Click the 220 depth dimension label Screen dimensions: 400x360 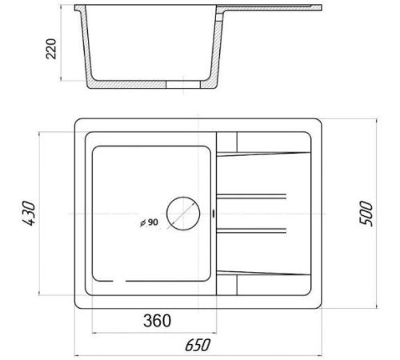tap(51, 49)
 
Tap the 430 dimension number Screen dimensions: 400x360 tap(29, 214)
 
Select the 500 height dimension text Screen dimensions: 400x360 tap(366, 214)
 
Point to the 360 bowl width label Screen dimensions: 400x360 tap(157, 321)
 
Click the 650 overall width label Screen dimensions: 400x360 tap(198, 345)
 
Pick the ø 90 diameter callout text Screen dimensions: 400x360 tap(149, 222)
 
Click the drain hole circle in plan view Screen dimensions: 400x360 tap(183, 197)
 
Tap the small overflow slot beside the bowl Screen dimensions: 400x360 tap(214, 214)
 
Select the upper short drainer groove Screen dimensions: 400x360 tap(251, 197)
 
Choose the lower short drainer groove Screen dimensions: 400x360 tap(251, 230)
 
